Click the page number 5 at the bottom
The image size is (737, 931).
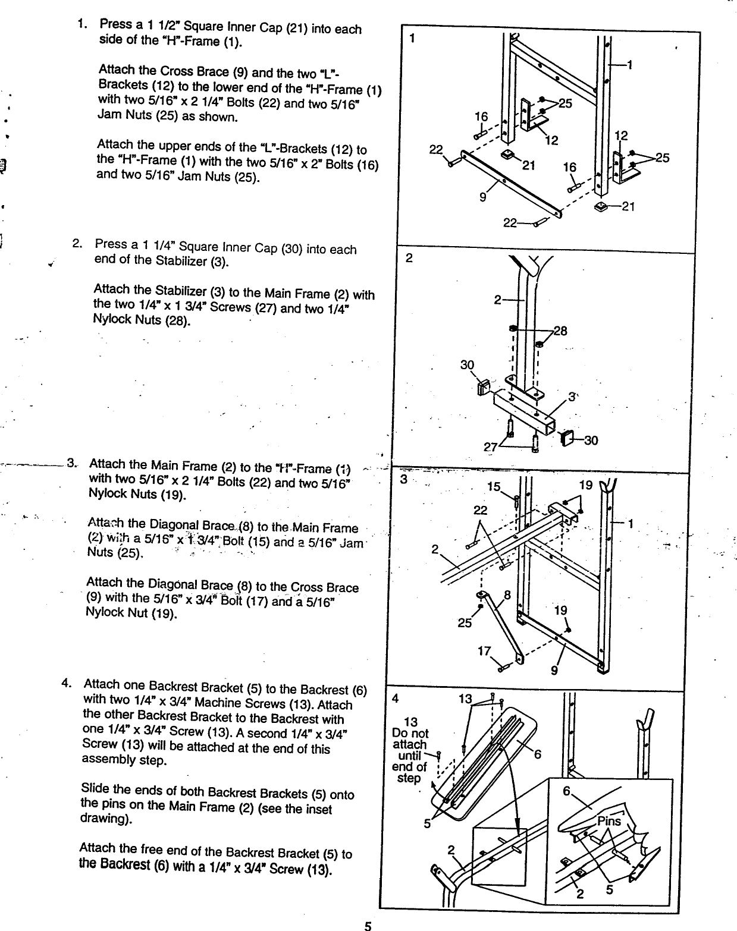click(x=368, y=925)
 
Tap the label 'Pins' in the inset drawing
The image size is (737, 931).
click(x=609, y=822)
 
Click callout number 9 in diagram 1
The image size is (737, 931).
click(x=483, y=197)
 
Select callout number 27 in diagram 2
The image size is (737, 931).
click(x=490, y=448)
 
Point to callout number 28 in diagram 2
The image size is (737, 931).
click(x=560, y=331)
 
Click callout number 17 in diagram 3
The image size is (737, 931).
click(x=484, y=652)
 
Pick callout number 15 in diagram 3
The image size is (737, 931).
click(x=493, y=487)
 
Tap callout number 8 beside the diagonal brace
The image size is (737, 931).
click(x=507, y=595)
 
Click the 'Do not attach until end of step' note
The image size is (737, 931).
click(x=410, y=750)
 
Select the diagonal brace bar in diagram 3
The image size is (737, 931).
click(x=501, y=624)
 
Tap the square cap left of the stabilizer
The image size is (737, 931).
click(x=482, y=388)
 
